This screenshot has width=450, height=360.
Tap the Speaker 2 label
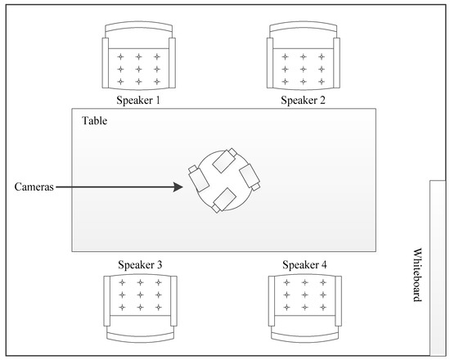[304, 101]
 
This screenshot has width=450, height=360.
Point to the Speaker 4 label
[304, 265]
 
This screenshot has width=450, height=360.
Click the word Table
[95, 121]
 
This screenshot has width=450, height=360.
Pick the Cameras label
[34, 187]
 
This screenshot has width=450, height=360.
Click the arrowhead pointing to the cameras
[177, 187]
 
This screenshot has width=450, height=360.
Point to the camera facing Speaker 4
[249, 177]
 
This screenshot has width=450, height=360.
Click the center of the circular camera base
[223, 180]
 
